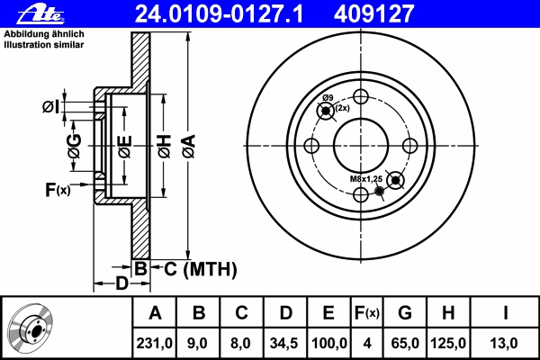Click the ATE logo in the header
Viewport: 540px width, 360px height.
[41, 13]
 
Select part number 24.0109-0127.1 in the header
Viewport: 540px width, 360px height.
[219, 13]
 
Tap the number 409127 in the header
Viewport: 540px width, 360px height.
[373, 13]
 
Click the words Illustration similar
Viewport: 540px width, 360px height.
[44, 45]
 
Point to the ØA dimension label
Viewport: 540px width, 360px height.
[189, 147]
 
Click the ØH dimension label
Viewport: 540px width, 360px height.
[165, 147]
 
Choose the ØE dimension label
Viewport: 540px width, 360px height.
[125, 147]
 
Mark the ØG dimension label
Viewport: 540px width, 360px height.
[75, 146]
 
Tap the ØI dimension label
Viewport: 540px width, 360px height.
[50, 107]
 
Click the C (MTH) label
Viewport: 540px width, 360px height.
[201, 269]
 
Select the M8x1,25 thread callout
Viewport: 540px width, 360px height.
[366, 179]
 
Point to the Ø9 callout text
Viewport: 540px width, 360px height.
[328, 98]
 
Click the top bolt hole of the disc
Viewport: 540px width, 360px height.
[361, 97]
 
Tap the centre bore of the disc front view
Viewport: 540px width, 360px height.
[361, 146]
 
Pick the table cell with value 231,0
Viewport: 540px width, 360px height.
[154, 343]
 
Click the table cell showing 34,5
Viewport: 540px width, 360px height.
[285, 343]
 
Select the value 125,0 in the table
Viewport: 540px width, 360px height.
[448, 343]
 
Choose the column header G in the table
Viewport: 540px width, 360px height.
[405, 313]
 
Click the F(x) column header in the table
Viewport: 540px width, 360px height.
[367, 313]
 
